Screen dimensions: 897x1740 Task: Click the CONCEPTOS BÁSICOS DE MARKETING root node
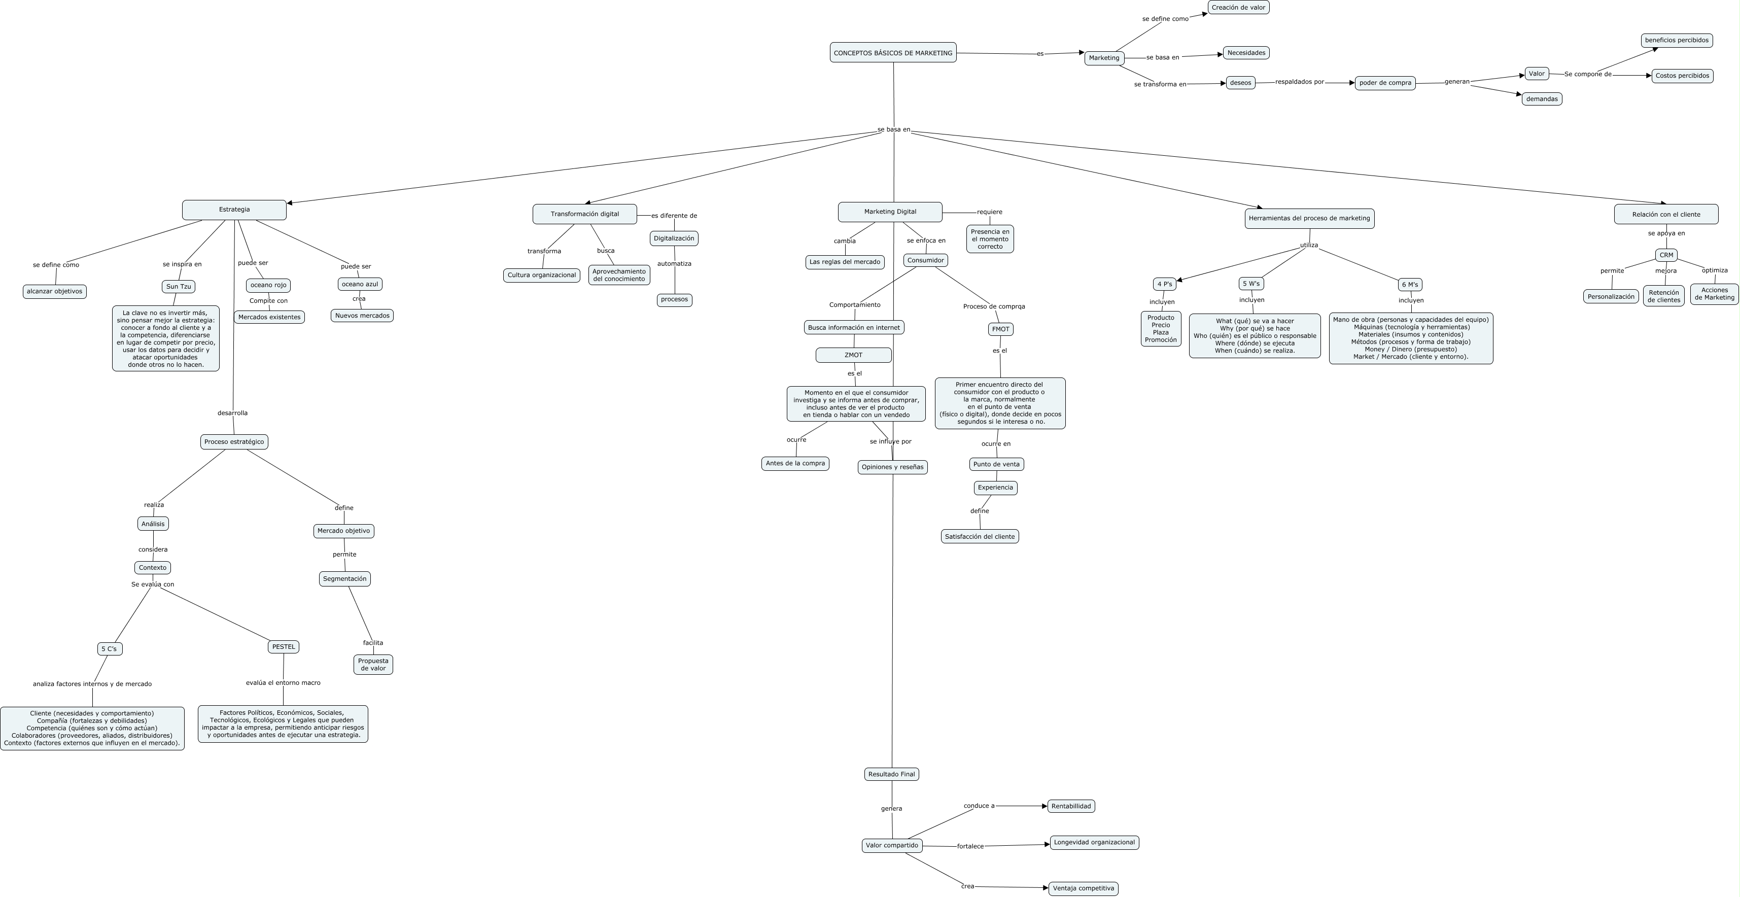893,53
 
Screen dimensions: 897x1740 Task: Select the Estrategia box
234,210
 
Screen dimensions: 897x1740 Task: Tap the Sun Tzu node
179,286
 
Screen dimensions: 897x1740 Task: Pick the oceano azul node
360,284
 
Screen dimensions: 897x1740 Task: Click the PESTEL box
283,646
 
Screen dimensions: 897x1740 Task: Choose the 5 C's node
110,648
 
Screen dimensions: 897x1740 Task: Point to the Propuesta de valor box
373,665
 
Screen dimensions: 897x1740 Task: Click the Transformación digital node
584,214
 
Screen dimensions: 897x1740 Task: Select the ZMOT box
853,355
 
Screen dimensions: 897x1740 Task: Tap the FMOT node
1000,329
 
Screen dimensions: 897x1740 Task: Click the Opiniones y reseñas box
892,467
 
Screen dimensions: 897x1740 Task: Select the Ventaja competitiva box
1083,888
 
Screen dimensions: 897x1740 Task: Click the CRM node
1666,255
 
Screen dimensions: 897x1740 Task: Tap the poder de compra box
1385,82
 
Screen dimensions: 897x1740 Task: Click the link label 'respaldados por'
1300,82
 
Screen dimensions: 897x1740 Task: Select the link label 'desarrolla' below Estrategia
232,412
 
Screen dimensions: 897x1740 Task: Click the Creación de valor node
1238,8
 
